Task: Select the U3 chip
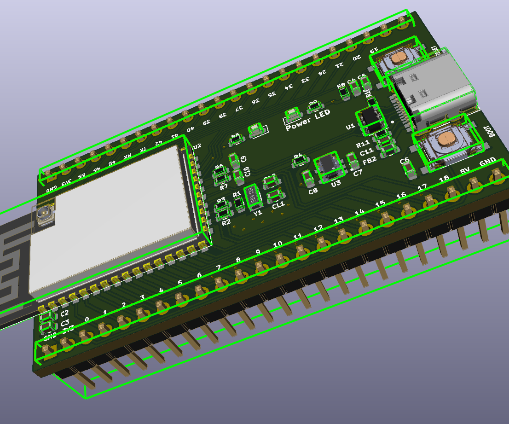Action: click(329, 166)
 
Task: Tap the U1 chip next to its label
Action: click(369, 118)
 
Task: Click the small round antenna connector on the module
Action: click(45, 215)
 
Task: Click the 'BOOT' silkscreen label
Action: click(492, 131)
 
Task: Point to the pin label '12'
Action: click(318, 229)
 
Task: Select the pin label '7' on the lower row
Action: click(219, 267)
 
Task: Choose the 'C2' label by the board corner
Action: click(64, 314)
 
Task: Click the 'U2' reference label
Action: click(197, 146)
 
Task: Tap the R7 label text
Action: click(224, 187)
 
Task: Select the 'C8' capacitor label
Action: click(313, 191)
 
